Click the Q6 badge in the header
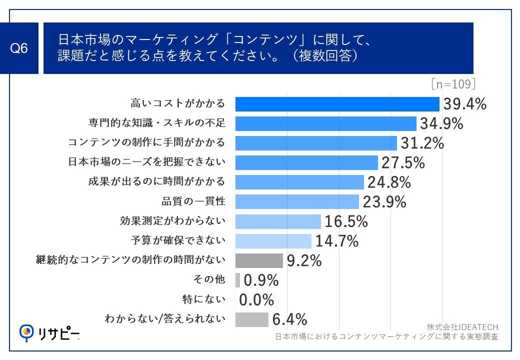(x=19, y=48)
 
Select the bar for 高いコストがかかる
(x=337, y=104)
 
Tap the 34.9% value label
(x=441, y=123)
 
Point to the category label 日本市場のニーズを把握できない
(x=146, y=162)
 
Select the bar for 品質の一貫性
(x=297, y=201)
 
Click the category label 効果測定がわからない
(x=172, y=221)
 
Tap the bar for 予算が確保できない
(x=273, y=241)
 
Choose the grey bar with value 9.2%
(x=259, y=260)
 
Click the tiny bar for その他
(x=237, y=280)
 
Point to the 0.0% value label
(x=256, y=300)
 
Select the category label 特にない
(x=203, y=299)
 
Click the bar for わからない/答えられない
(x=251, y=319)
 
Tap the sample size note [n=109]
(x=452, y=84)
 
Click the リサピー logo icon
(x=26, y=331)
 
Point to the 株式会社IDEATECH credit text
(x=462, y=327)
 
